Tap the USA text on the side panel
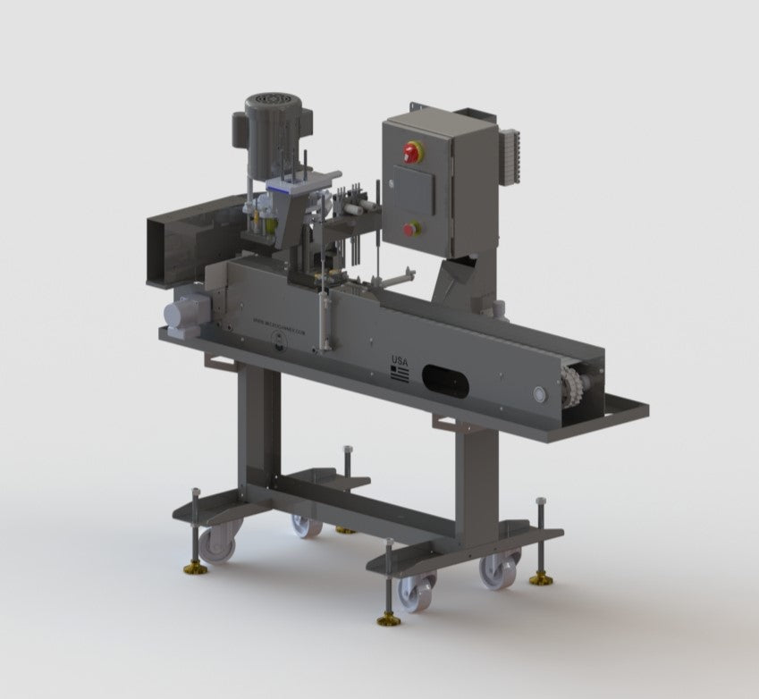coord(400,361)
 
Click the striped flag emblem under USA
coord(400,375)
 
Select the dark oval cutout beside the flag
coord(446,381)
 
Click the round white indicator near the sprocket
coord(539,392)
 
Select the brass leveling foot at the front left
coord(195,568)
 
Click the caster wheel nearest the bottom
coord(416,593)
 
